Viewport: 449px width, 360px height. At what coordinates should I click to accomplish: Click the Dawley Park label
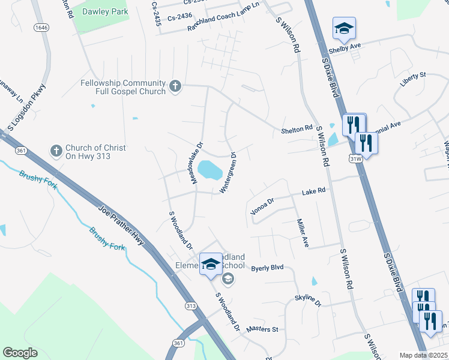(x=104, y=11)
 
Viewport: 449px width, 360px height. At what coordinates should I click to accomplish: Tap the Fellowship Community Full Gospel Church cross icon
(x=175, y=87)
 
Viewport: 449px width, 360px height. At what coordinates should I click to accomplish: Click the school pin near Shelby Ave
(x=344, y=28)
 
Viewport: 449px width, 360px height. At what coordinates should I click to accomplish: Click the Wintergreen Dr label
(x=229, y=173)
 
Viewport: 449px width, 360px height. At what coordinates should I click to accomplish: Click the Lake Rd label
(x=313, y=191)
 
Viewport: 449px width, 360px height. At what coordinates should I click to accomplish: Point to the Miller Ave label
(x=302, y=233)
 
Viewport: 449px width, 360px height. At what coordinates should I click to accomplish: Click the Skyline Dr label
(x=308, y=300)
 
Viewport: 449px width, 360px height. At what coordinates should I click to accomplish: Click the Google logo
(x=20, y=353)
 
